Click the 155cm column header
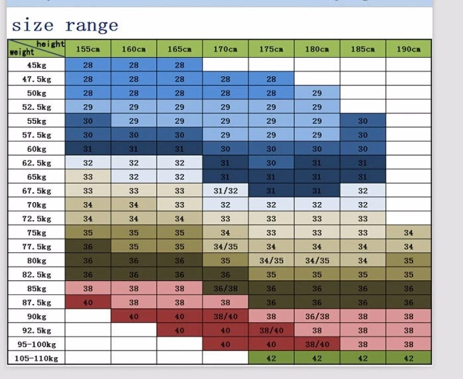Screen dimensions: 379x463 [88, 49]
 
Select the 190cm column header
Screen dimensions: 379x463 [408, 49]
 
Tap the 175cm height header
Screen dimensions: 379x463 [271, 49]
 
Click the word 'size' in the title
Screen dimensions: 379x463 [33, 26]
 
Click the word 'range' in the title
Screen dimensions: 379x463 [92, 26]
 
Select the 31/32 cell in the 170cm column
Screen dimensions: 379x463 [225, 191]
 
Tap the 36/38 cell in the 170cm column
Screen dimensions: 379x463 [225, 288]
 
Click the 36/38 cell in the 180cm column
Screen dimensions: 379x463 [316, 317]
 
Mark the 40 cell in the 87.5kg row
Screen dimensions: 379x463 [88, 303]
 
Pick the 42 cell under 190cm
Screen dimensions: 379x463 [408, 358]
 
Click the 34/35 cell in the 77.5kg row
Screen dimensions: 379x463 [225, 246]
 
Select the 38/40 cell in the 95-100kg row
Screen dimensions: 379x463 [316, 345]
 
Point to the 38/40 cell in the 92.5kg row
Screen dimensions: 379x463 [271, 331]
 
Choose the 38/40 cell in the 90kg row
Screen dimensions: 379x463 [225, 317]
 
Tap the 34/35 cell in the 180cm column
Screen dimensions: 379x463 [316, 260]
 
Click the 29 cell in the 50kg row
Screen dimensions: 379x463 [316, 93]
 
